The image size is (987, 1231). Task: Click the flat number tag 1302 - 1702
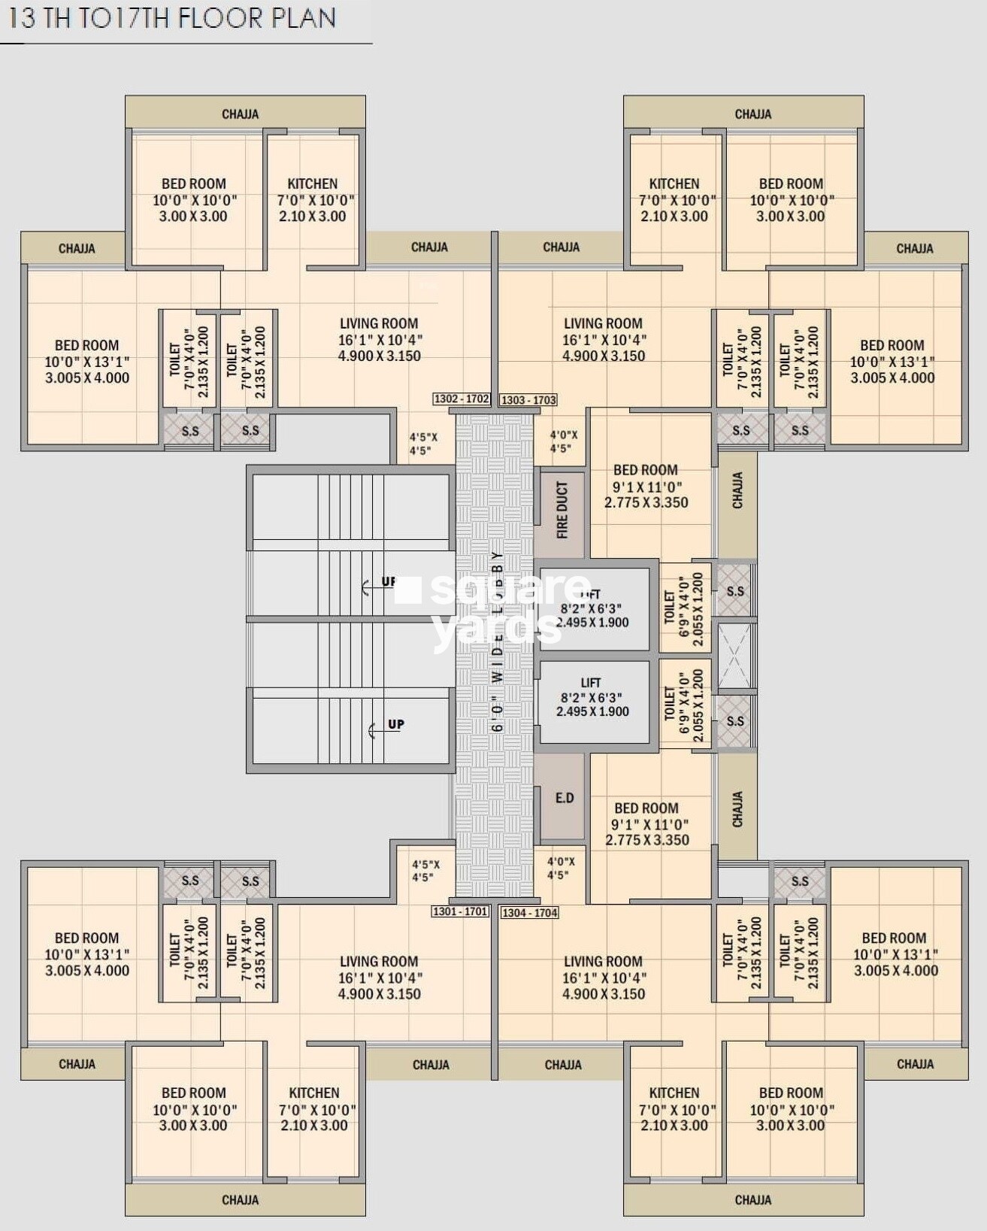(x=462, y=399)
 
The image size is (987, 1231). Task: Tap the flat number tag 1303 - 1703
(x=528, y=400)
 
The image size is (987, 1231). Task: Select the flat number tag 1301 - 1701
(x=460, y=911)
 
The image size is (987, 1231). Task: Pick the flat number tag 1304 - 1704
(x=529, y=912)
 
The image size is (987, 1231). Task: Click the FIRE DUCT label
(x=562, y=511)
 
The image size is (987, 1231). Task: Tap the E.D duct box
(x=564, y=798)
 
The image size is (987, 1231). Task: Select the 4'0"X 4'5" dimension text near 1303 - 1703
(x=563, y=441)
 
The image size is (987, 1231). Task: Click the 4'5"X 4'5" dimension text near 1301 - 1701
(x=425, y=871)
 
